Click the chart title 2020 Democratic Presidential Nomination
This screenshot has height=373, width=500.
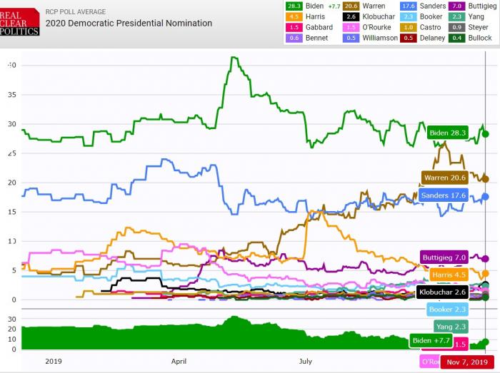129,24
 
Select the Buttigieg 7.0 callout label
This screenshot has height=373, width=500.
444,257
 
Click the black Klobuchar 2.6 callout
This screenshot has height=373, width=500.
444,292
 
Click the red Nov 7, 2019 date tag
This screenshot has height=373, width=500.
467,362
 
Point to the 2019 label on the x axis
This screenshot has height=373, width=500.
54,362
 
